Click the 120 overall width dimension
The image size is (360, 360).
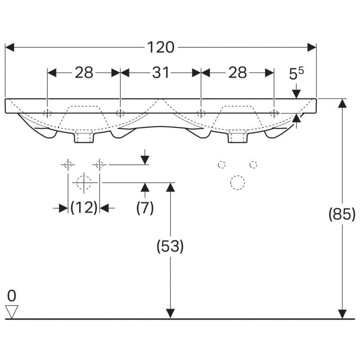[161, 48]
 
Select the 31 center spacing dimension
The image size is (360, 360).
[161, 72]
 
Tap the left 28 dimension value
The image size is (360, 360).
[84, 72]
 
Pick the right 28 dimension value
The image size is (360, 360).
[238, 72]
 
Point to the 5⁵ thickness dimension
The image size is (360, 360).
[296, 73]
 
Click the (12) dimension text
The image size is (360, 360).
[84, 208]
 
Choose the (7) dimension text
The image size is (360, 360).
[145, 208]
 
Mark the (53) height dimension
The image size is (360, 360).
[170, 246]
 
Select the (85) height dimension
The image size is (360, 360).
[342, 214]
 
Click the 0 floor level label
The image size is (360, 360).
[12, 296]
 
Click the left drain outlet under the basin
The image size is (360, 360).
[84, 137]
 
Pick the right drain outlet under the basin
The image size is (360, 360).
[238, 137]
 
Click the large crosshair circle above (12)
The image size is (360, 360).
[84, 183]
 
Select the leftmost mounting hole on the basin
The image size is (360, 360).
[47, 113]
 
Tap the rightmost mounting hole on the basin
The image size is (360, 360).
[274, 113]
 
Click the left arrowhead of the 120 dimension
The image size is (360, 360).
[9, 47]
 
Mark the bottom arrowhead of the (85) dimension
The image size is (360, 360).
[342, 314]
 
